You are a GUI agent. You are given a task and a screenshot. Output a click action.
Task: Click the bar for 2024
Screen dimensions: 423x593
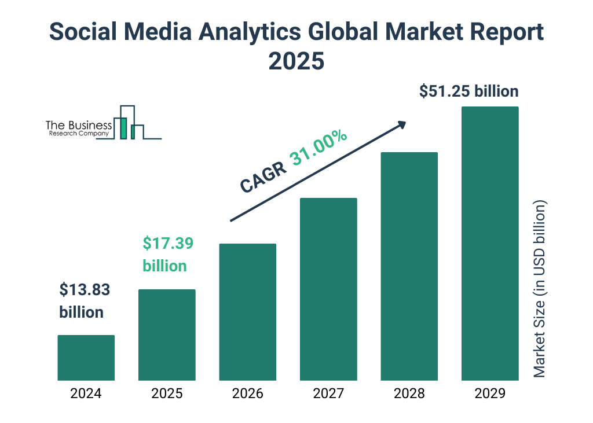pos(86,358)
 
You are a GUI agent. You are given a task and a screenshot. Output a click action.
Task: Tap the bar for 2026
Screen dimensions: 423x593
pos(247,312)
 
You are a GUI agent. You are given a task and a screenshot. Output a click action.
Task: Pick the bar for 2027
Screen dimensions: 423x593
pos(328,289)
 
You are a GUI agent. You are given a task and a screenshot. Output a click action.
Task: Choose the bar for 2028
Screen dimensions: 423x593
pos(409,266)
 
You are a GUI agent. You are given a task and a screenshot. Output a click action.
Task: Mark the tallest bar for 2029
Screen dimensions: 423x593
pos(490,243)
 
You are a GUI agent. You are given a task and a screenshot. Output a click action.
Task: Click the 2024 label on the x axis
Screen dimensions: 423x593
pos(86,394)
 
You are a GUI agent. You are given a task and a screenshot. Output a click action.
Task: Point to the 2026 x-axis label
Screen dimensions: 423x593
pos(247,394)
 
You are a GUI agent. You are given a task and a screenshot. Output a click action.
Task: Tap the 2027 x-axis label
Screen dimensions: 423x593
pos(328,394)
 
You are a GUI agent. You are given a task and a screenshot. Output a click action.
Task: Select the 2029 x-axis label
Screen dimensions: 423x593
pos(490,394)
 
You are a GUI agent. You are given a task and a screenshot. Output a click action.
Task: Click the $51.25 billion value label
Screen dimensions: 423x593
pos(469,91)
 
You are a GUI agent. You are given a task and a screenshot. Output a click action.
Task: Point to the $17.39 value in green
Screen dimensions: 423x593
pos(168,244)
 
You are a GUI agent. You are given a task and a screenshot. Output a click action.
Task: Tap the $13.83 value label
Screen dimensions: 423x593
pos(85,289)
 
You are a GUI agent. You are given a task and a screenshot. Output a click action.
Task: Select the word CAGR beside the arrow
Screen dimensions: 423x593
pos(263,176)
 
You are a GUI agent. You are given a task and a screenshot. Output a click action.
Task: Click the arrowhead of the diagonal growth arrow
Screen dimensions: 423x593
pos(401,124)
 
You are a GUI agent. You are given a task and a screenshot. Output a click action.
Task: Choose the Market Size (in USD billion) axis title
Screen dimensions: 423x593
pos(540,289)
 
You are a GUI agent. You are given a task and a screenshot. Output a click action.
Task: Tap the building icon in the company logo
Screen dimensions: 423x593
pos(129,123)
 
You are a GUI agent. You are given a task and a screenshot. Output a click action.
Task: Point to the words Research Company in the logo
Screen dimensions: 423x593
pos(79,134)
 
